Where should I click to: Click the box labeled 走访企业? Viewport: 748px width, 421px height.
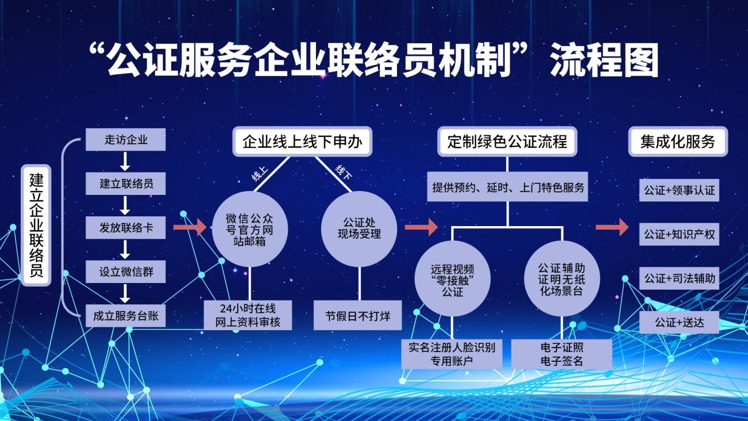click(x=125, y=140)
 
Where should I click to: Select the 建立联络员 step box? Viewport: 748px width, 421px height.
click(x=125, y=183)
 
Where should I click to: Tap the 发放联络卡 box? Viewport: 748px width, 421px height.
click(x=125, y=228)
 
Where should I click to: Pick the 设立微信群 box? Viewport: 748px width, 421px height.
click(x=125, y=272)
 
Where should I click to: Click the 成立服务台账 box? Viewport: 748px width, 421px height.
click(x=125, y=316)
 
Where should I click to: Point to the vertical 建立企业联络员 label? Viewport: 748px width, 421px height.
click(x=36, y=226)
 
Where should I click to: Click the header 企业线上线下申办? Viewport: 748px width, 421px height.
click(x=302, y=142)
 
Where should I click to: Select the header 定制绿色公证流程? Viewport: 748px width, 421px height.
click(x=507, y=142)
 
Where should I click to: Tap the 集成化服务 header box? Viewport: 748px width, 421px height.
click(x=678, y=142)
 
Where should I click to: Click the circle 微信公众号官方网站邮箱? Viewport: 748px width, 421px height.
click(x=250, y=229)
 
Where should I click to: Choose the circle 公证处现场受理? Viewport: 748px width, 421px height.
click(x=359, y=229)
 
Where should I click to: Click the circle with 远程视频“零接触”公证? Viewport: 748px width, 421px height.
click(x=452, y=279)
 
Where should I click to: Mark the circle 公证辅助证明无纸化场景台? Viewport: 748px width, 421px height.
click(x=562, y=279)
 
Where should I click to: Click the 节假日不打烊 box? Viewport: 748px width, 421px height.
click(x=358, y=315)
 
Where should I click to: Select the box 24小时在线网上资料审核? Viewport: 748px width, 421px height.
click(x=248, y=315)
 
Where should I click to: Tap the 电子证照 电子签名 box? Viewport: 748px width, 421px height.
click(x=562, y=354)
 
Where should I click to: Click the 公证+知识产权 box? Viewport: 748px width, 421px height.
click(x=679, y=234)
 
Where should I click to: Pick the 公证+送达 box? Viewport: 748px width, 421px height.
click(x=679, y=322)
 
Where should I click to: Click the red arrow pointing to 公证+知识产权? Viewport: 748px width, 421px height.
click(x=612, y=227)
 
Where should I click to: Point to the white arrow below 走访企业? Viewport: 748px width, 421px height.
click(x=125, y=162)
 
